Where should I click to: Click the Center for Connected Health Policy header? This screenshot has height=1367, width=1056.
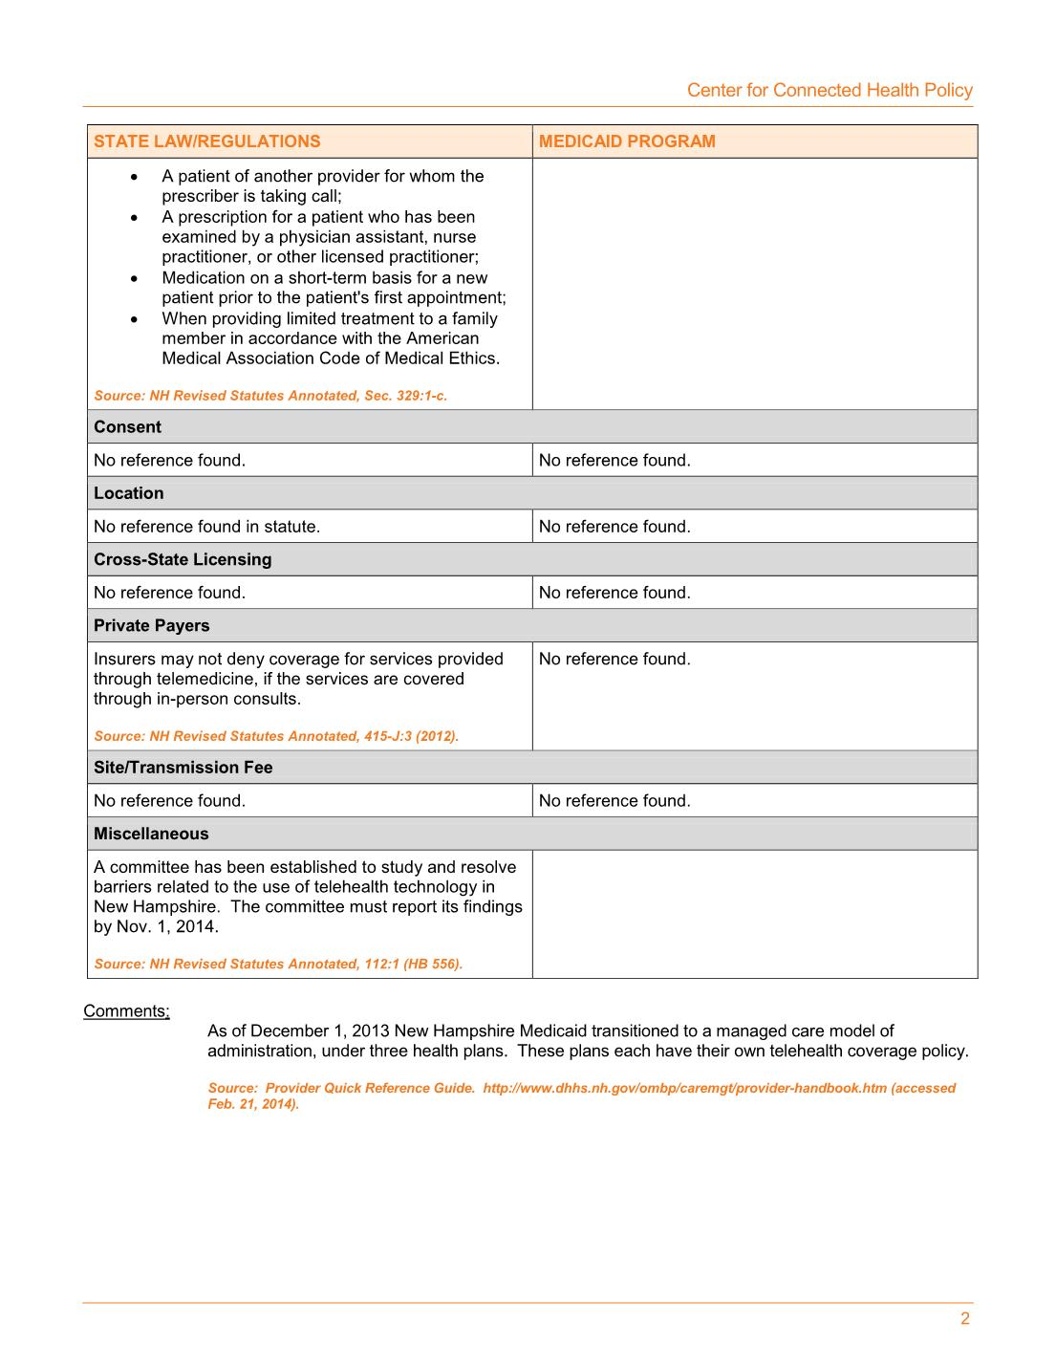coord(830,90)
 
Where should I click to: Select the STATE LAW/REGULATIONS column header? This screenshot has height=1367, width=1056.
coord(207,141)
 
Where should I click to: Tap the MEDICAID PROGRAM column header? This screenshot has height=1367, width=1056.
coord(627,141)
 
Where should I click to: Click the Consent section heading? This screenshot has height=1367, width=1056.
coord(127,427)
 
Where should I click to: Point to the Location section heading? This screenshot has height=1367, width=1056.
coord(129,493)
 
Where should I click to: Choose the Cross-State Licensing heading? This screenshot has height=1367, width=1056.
coord(183,559)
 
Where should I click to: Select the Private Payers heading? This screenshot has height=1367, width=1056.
coord(152,626)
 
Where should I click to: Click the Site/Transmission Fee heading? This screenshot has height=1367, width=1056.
coord(183,768)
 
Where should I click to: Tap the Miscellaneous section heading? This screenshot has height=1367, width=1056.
coord(151,834)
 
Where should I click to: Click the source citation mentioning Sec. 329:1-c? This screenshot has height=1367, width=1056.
coord(270,396)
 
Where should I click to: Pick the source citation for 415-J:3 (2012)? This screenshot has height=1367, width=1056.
coord(276,736)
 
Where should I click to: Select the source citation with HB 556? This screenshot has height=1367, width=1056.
coord(278,964)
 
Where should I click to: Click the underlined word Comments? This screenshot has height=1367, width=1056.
coord(126,1011)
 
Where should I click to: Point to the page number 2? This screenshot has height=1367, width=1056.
coord(965,1319)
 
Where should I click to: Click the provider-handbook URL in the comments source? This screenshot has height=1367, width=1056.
coord(684,1088)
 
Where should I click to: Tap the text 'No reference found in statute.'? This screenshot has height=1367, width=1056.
coord(207,527)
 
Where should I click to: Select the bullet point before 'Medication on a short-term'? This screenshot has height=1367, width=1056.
coord(135,278)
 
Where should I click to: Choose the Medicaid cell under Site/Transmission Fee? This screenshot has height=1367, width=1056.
coord(614,801)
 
